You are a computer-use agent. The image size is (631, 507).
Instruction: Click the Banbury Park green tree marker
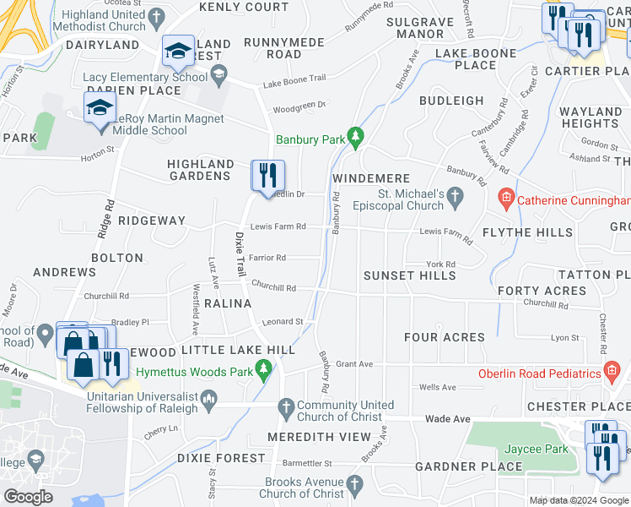(x=356, y=135)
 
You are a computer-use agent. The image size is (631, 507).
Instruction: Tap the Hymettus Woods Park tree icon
(x=264, y=367)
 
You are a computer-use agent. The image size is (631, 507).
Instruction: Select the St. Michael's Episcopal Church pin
(x=456, y=199)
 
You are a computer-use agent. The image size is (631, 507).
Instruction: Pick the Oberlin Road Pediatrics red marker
(x=613, y=373)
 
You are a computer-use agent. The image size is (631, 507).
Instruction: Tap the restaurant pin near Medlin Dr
(x=267, y=176)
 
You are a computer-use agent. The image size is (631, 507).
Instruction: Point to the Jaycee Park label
(x=536, y=449)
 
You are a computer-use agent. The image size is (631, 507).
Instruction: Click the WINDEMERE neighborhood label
(x=370, y=179)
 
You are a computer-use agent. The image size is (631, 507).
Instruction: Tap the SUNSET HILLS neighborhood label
(x=409, y=275)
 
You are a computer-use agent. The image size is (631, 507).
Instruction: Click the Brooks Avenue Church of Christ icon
(x=355, y=484)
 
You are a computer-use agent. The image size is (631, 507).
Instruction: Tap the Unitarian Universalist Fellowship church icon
(x=209, y=398)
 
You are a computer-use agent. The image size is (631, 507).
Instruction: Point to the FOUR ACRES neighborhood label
(x=444, y=337)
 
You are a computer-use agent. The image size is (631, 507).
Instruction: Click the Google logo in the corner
(x=29, y=497)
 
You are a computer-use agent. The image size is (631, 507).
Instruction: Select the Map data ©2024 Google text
(x=578, y=500)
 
